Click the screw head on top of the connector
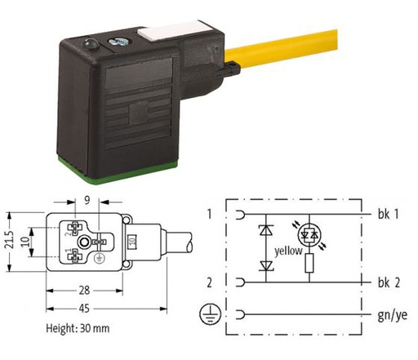pyautogui.click(x=119, y=42)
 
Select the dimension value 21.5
pyautogui.click(x=10, y=240)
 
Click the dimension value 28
pyautogui.click(x=84, y=291)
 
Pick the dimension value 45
pyautogui.click(x=84, y=309)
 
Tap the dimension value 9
pyautogui.click(x=87, y=201)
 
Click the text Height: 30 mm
pyautogui.click(x=78, y=328)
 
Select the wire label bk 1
pyautogui.click(x=389, y=215)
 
